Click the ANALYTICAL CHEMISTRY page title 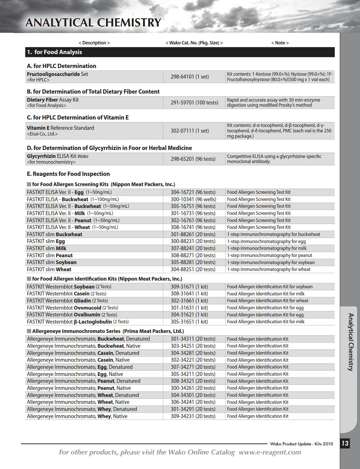pyautogui.click(x=93, y=23)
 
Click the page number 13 pyautogui.click(x=345, y=443)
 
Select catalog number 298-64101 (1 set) pyautogui.click(x=190, y=77)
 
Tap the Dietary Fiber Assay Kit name pyautogui.click(x=53, y=100)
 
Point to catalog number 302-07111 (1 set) pyautogui.click(x=190, y=131)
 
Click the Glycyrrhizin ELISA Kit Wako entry pyautogui.click(x=58, y=156)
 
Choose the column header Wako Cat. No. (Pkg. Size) pyautogui.click(x=194, y=43)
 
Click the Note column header pyautogui.click(x=280, y=43)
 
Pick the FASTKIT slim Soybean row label pyautogui.click(x=52, y=262)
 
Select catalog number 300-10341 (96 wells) pyautogui.click(x=193, y=199)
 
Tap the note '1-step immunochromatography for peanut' pyautogui.click(x=269, y=256)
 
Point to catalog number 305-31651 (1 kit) pyautogui.click(x=189, y=322)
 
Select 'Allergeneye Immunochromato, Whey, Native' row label pyautogui.click(x=77, y=416)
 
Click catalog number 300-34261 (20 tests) pyautogui.click(x=193, y=388)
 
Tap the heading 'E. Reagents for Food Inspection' pyautogui.click(x=68, y=174)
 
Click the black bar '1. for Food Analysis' pyautogui.click(x=180, y=52)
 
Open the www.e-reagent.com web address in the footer pyautogui.click(x=270, y=452)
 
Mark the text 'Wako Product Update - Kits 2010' pyautogui.click(x=302, y=444)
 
